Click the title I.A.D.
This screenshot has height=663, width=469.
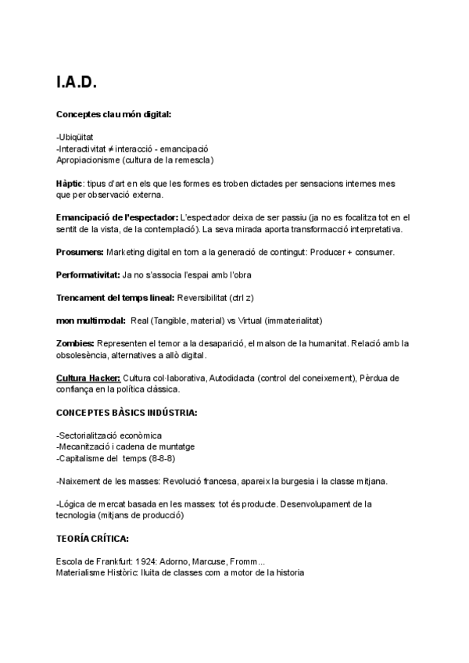(x=77, y=82)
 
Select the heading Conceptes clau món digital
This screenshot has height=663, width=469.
(x=113, y=114)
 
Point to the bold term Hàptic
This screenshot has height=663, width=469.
(x=69, y=183)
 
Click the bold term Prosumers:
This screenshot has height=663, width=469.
(x=80, y=253)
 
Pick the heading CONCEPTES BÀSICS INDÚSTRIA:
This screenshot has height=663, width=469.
(x=127, y=412)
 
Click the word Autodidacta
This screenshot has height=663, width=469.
(x=235, y=378)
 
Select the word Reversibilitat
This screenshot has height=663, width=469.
(x=205, y=298)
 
